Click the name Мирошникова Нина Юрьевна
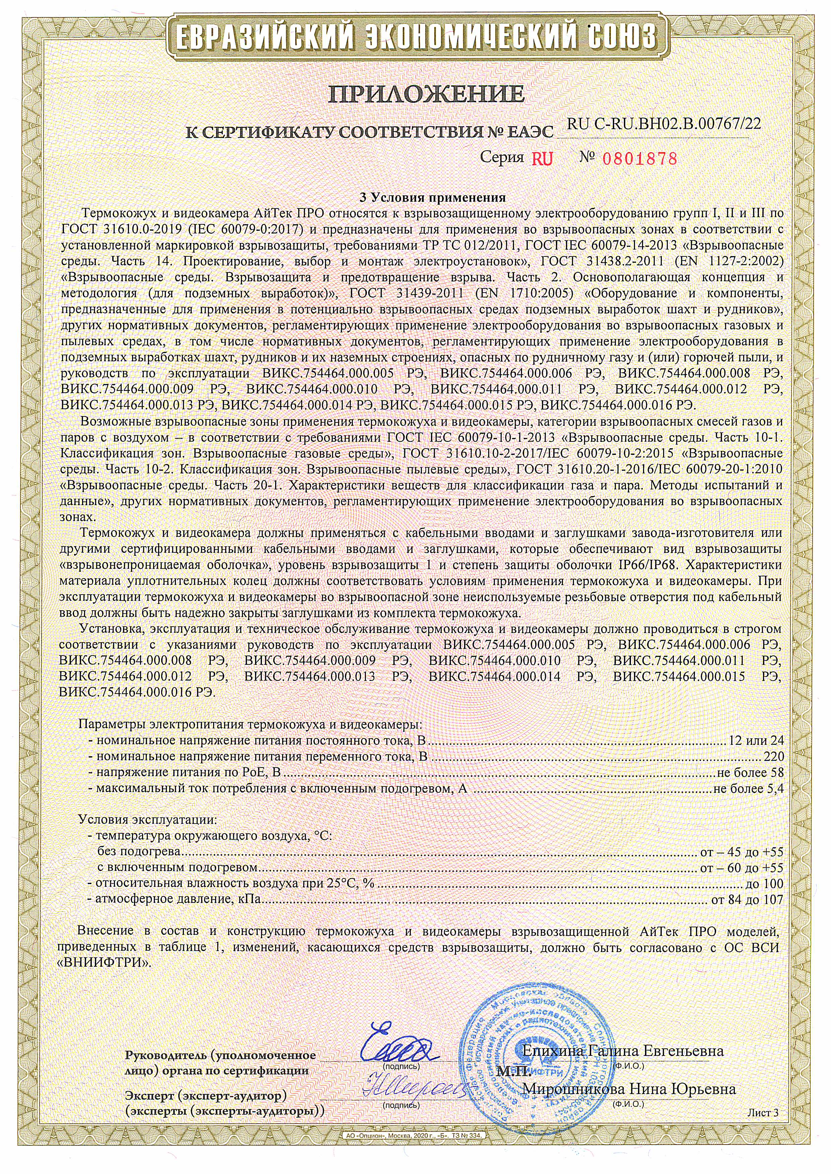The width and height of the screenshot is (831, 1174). click(628, 1089)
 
